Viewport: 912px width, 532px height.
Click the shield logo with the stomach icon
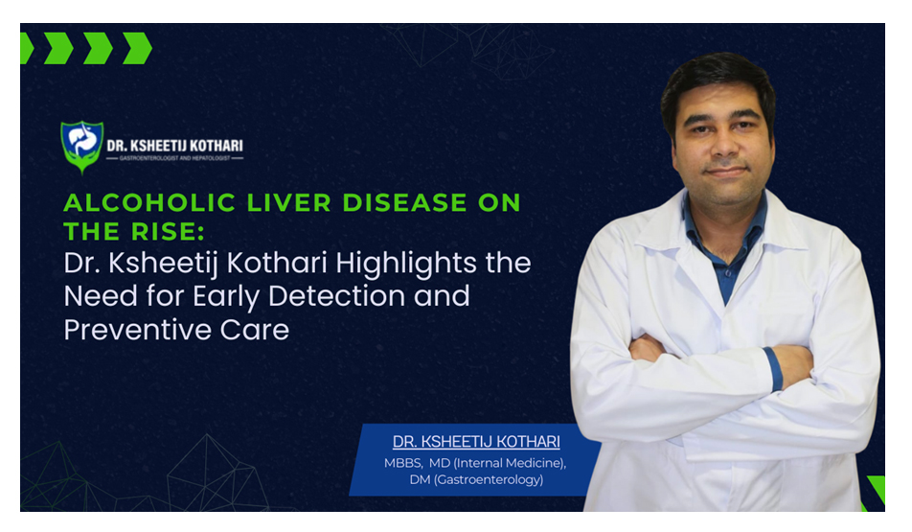[x=82, y=147]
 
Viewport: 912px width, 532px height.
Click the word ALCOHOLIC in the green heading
[x=149, y=202]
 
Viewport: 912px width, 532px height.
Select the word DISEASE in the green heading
[x=405, y=202]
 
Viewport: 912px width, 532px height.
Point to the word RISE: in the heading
[x=169, y=232]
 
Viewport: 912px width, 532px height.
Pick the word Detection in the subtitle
[x=337, y=295]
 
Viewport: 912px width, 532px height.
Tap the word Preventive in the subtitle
[x=137, y=330]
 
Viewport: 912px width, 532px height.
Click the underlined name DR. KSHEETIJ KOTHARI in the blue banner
[x=476, y=442]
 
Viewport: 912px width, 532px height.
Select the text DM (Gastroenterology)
[x=476, y=479]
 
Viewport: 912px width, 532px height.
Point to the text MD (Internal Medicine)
[x=497, y=463]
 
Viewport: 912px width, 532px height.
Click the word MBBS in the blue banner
[x=402, y=463]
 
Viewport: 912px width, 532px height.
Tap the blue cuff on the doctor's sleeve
[x=773, y=368]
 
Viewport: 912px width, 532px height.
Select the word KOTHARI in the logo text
[x=215, y=146]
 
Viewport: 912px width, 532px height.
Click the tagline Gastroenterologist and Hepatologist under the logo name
[x=174, y=158]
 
